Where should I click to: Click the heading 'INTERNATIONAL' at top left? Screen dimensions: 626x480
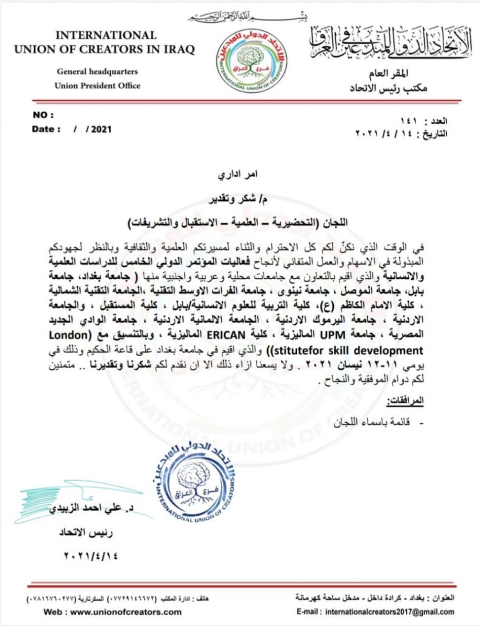(106, 35)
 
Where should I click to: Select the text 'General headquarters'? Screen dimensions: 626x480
(97, 72)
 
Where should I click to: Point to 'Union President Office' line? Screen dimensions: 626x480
(97, 85)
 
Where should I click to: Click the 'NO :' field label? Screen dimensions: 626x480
(43, 115)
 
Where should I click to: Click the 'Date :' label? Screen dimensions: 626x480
(46, 129)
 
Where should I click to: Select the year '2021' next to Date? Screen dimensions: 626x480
(101, 129)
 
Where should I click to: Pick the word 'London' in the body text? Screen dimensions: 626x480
(68, 335)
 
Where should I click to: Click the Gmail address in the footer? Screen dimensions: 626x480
(389, 611)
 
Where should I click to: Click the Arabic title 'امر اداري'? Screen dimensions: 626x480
(237, 174)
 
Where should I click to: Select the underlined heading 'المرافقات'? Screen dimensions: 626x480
(405, 401)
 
